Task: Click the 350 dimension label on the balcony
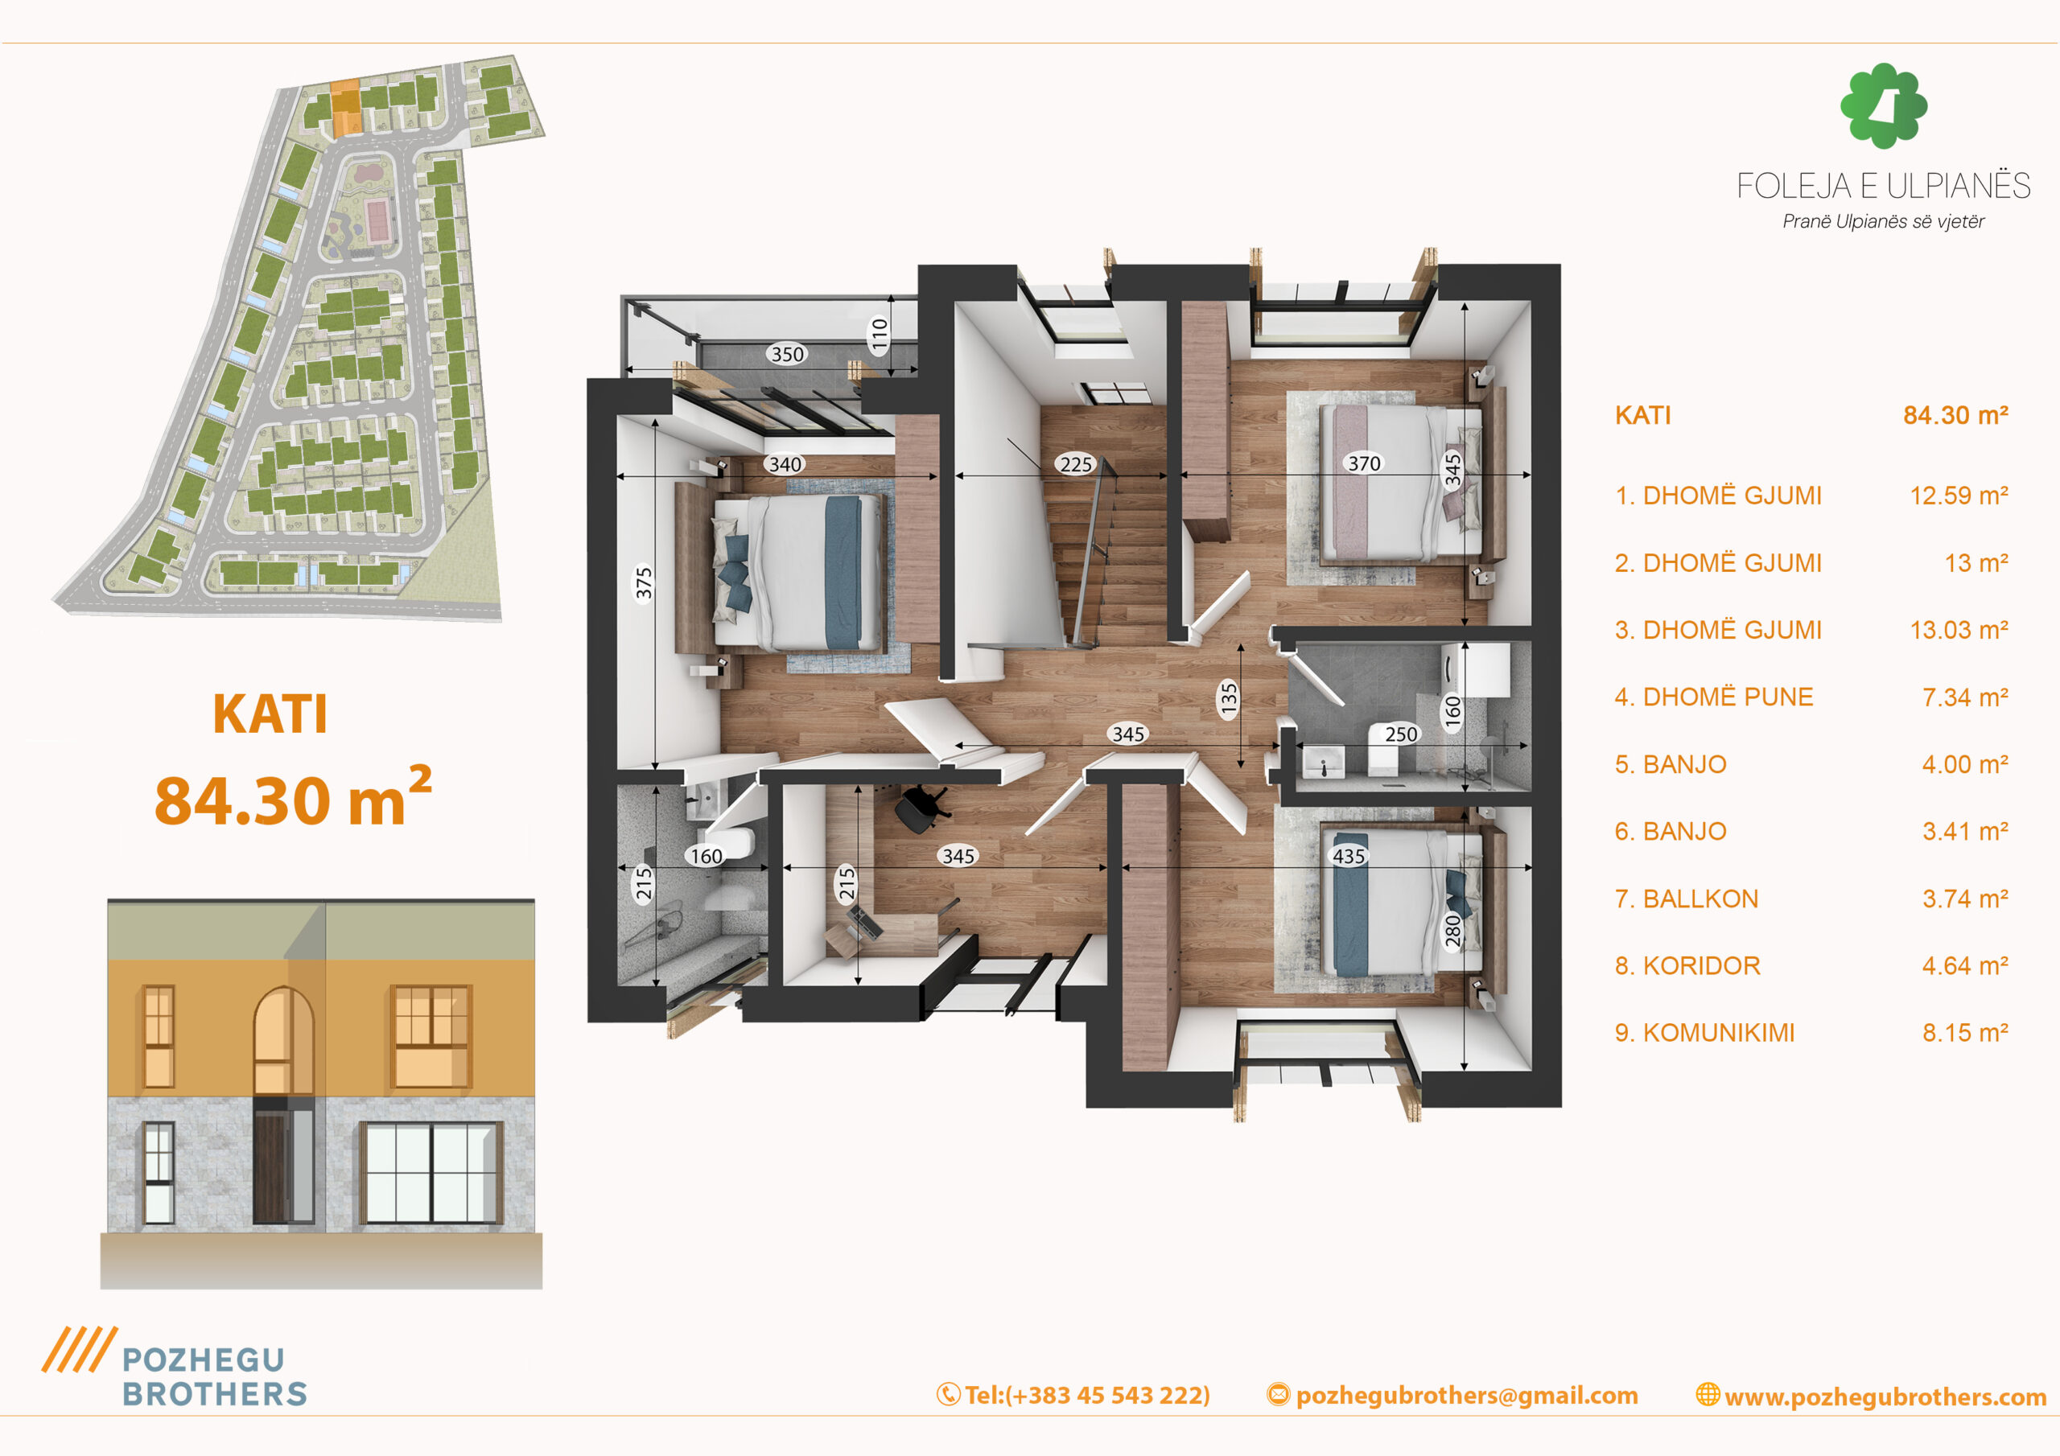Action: [787, 355]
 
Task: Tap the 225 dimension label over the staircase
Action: [1076, 464]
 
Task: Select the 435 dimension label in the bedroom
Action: [1349, 856]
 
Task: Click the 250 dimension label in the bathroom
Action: [1400, 734]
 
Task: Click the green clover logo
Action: [1883, 105]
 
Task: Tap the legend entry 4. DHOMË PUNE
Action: [1714, 697]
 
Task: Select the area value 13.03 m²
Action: [1959, 630]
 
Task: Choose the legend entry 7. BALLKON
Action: [1686, 899]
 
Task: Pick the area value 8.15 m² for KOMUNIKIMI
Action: [1965, 1033]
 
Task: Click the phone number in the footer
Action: [1086, 1395]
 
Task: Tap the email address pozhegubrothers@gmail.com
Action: [1467, 1395]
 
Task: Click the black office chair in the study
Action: [922, 808]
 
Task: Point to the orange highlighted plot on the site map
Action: [345, 108]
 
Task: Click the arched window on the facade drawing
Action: [283, 1041]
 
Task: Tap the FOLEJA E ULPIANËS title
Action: [1883, 186]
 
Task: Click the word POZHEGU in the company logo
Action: [204, 1360]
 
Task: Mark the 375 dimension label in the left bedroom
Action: [643, 583]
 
